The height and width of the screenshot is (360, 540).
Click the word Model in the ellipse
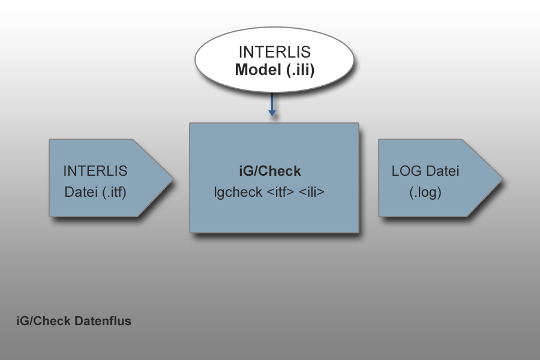[x=258, y=70]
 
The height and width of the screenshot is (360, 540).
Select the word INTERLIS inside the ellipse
[x=275, y=52]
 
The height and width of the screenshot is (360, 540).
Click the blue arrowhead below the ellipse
[x=272, y=113]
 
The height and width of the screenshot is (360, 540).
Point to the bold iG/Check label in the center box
[x=270, y=171]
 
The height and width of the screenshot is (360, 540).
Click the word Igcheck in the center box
[x=238, y=192]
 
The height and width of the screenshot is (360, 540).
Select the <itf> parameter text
[x=281, y=192]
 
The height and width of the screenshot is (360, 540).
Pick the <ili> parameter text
[x=311, y=192]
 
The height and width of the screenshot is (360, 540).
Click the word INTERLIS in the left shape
[x=95, y=171]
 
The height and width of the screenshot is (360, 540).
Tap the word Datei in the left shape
[x=81, y=192]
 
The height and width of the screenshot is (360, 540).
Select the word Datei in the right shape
[x=443, y=171]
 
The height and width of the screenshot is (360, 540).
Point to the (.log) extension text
[x=425, y=193]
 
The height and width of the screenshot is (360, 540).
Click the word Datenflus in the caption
[x=103, y=321]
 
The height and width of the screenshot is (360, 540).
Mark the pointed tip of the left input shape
[x=173, y=178]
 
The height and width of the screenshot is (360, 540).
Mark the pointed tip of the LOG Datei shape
[x=502, y=178]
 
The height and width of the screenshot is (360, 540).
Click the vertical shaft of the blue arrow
[x=272, y=102]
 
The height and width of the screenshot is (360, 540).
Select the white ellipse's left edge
[x=195, y=60]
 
